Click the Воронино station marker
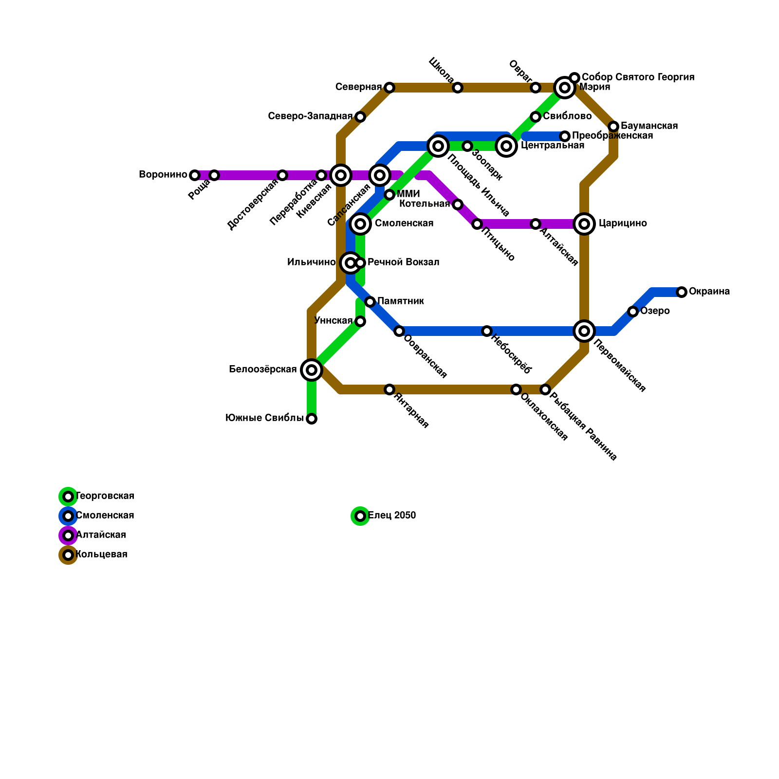195,175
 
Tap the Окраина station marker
682,292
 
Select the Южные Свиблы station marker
312,419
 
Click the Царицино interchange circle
584,224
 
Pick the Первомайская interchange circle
584,331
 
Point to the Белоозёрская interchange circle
312,370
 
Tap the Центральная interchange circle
506,146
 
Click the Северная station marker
389,88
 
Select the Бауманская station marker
613,127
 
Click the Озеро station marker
633,312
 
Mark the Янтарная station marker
389,389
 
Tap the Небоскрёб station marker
487,331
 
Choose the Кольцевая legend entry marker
68,555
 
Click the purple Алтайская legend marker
68,536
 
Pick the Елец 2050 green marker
360,516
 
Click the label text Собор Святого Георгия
638,77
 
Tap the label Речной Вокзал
403,262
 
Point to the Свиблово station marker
536,117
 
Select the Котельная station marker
458,204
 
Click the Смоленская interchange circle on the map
360,224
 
